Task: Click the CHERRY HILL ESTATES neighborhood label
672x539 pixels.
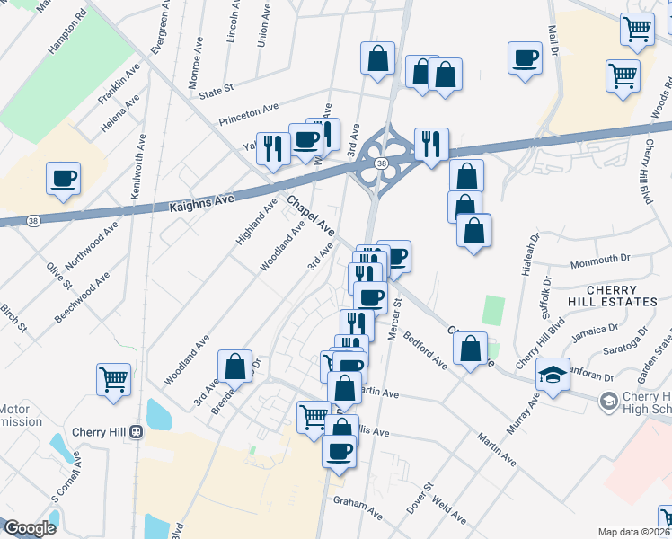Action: (621, 296)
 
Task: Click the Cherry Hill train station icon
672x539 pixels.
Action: (137, 431)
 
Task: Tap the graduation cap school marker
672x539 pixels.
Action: (553, 375)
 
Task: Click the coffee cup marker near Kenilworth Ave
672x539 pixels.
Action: (64, 178)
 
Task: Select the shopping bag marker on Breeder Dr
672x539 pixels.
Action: (234, 366)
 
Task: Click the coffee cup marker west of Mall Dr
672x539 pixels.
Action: (525, 58)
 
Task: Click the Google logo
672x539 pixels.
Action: (30, 528)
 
